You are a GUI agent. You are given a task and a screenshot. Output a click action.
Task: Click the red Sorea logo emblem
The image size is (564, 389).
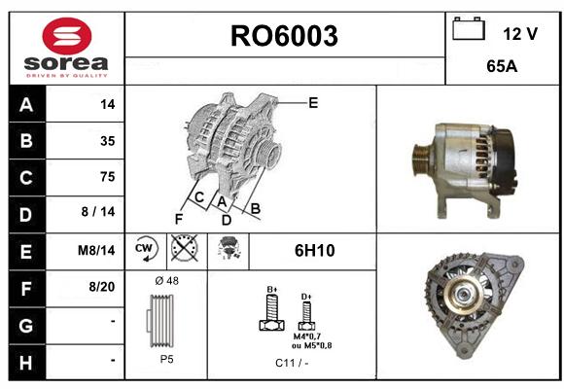point(67,36)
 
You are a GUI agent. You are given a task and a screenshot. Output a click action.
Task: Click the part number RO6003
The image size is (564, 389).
point(284,36)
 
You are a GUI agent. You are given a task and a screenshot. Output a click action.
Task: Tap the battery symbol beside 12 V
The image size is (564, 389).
point(469,28)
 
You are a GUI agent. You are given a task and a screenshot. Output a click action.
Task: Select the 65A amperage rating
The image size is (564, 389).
point(502,66)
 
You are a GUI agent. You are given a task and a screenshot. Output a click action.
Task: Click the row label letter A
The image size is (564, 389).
point(26,105)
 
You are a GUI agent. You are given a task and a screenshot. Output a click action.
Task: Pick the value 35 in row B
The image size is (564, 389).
point(108,141)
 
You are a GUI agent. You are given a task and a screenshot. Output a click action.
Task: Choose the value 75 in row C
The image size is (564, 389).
point(108,177)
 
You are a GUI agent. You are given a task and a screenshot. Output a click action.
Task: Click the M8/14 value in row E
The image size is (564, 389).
point(96,250)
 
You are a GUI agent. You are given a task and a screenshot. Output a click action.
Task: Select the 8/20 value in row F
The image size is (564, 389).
point(102,287)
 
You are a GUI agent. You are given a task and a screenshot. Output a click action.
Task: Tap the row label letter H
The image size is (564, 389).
point(26,363)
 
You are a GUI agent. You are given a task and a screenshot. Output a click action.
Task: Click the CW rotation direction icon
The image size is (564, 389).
point(146,249)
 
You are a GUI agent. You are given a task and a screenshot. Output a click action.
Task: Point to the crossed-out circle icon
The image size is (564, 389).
point(185,248)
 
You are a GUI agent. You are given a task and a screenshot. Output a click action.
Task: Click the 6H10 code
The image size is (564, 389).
point(315,251)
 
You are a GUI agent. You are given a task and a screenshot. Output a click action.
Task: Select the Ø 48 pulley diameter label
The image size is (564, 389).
point(167,281)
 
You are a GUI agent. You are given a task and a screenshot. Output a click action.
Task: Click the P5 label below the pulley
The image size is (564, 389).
point(167,359)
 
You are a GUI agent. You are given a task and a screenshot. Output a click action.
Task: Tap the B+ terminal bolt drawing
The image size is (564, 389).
point(272,309)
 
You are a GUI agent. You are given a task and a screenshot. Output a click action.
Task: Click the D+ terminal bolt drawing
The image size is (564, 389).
point(306,312)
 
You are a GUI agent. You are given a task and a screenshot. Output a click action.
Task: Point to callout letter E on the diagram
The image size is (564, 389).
point(313,103)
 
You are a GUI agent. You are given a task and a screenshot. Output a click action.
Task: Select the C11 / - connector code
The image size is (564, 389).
point(292,363)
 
